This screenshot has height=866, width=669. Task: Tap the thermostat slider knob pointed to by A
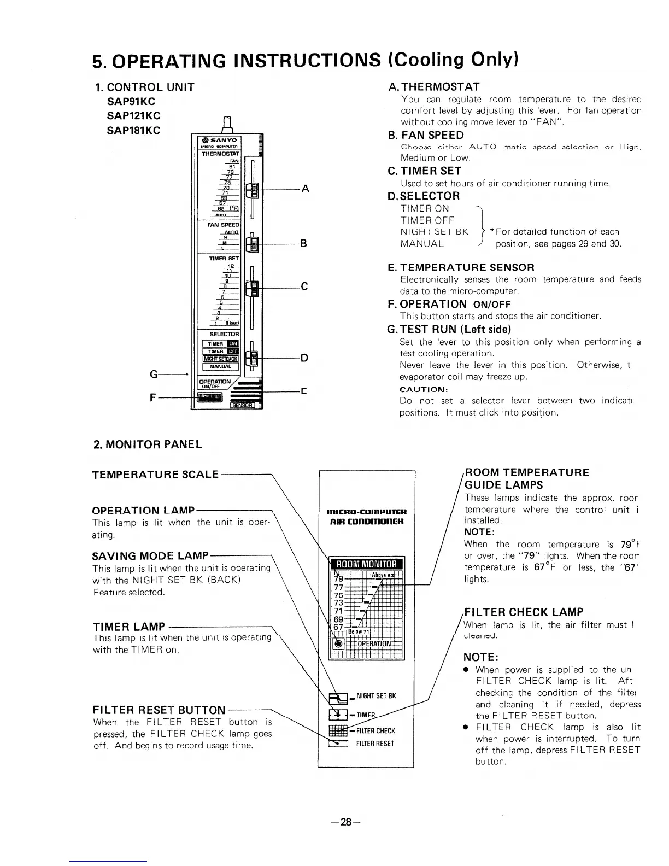253,190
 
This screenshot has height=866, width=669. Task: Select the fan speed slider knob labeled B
253,243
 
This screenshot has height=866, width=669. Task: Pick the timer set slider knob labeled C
253,286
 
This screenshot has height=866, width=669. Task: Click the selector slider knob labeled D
253,358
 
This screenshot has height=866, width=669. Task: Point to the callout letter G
155,375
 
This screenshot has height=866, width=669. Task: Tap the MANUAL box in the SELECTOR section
220,366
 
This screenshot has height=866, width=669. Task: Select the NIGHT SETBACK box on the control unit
221,359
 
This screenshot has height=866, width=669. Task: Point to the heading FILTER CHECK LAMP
523,612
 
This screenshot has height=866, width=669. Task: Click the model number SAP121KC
134,116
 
